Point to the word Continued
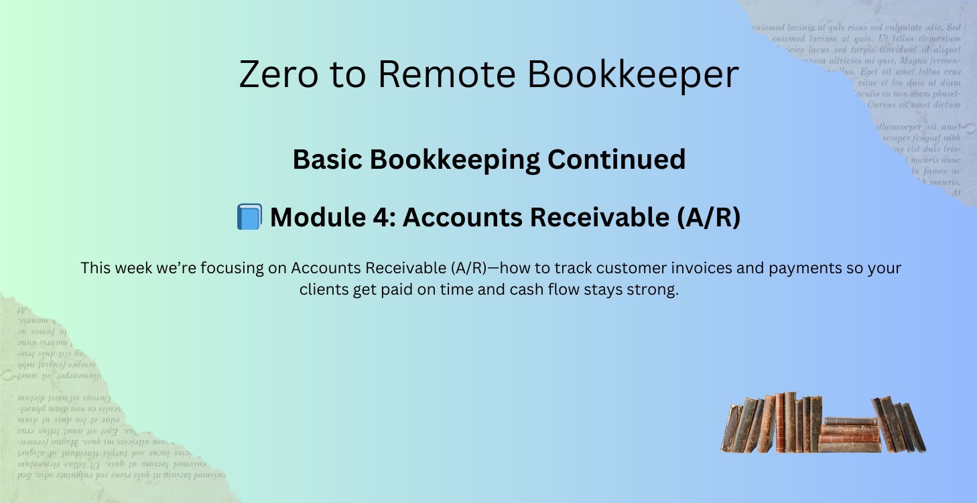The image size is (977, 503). (x=616, y=159)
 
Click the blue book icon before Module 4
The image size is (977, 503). (x=249, y=218)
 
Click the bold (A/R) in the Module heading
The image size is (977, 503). (x=710, y=218)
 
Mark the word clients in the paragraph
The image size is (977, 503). (x=324, y=291)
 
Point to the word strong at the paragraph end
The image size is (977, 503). (x=653, y=291)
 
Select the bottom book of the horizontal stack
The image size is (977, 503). (x=849, y=447)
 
